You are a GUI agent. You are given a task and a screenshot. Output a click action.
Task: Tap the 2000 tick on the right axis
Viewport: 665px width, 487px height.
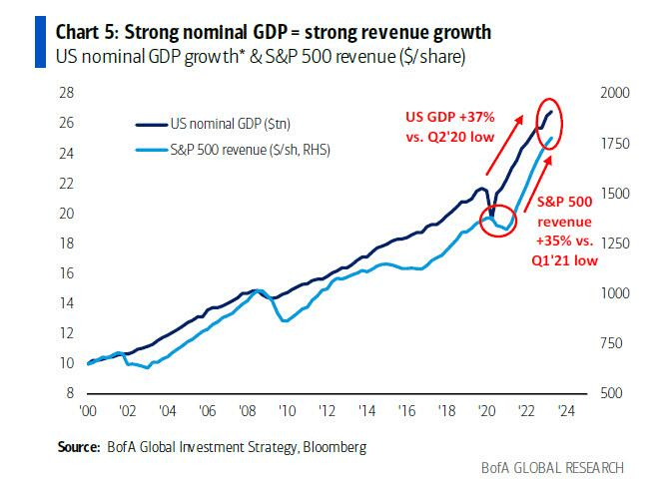612,93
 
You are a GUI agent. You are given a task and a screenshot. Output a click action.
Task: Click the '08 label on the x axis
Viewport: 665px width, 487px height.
248,412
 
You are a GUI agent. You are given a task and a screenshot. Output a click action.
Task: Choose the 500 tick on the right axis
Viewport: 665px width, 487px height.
608,393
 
